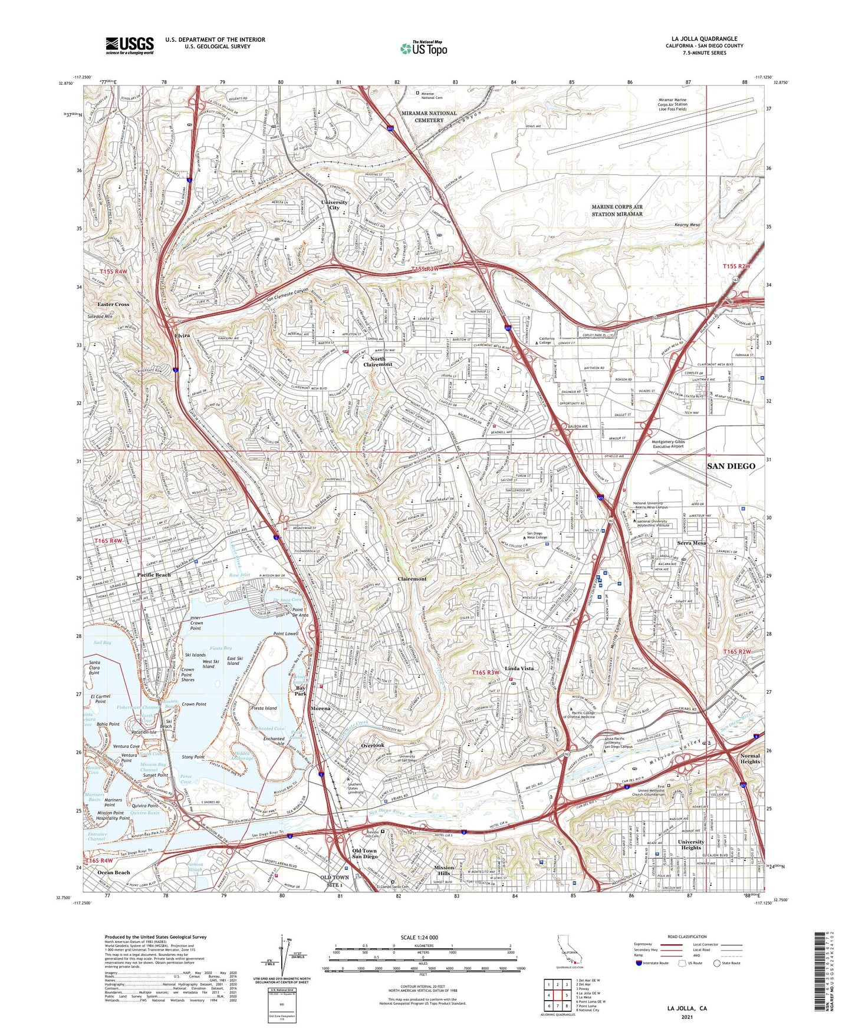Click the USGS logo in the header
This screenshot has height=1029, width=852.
pos(130,45)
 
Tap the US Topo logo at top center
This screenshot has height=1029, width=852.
pos(423,48)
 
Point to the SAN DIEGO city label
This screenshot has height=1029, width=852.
pos(731,466)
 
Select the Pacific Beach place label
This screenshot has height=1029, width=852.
pos(153,575)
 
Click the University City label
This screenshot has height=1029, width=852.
pos(334,205)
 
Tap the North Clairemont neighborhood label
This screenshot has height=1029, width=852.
pos(377,362)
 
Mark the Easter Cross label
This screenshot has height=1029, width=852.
pos(113,304)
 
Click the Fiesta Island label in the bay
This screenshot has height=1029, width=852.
pos(264,708)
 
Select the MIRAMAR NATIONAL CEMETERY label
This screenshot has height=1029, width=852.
pos(429,116)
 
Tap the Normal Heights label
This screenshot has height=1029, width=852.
pos(751,758)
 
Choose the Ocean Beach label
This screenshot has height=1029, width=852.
pos(114,872)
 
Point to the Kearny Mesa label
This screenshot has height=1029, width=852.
pos(687,225)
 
